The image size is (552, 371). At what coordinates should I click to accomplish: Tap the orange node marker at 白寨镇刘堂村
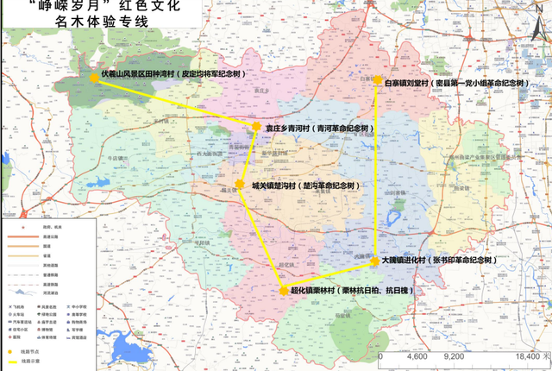click(378, 80)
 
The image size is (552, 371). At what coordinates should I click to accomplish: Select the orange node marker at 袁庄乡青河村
click(256, 128)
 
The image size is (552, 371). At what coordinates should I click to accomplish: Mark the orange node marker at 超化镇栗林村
click(284, 292)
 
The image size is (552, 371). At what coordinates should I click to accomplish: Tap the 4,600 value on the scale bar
click(417, 355)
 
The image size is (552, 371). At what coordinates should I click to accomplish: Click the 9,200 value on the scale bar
click(455, 355)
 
